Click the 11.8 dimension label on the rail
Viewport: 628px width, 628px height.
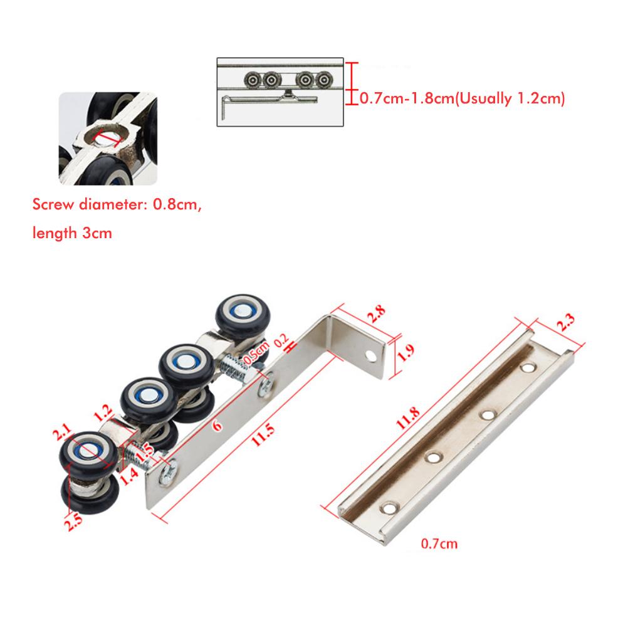pos(408,418)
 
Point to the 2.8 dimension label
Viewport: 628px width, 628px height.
pos(377,313)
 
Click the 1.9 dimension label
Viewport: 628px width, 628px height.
pos(406,353)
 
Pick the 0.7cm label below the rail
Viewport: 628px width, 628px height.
pos(439,544)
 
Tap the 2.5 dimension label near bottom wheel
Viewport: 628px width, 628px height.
pos(73,522)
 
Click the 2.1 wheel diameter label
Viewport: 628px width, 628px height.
pos(62,433)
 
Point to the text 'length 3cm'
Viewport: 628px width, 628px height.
pos(72,233)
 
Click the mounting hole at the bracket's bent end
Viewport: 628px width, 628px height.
pos(371,355)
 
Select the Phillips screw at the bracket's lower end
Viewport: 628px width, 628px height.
pos(168,476)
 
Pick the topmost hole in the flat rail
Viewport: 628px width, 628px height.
pos(528,367)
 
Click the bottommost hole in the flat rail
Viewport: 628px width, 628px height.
pos(389,509)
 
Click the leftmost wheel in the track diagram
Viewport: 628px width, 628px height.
pos(253,80)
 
